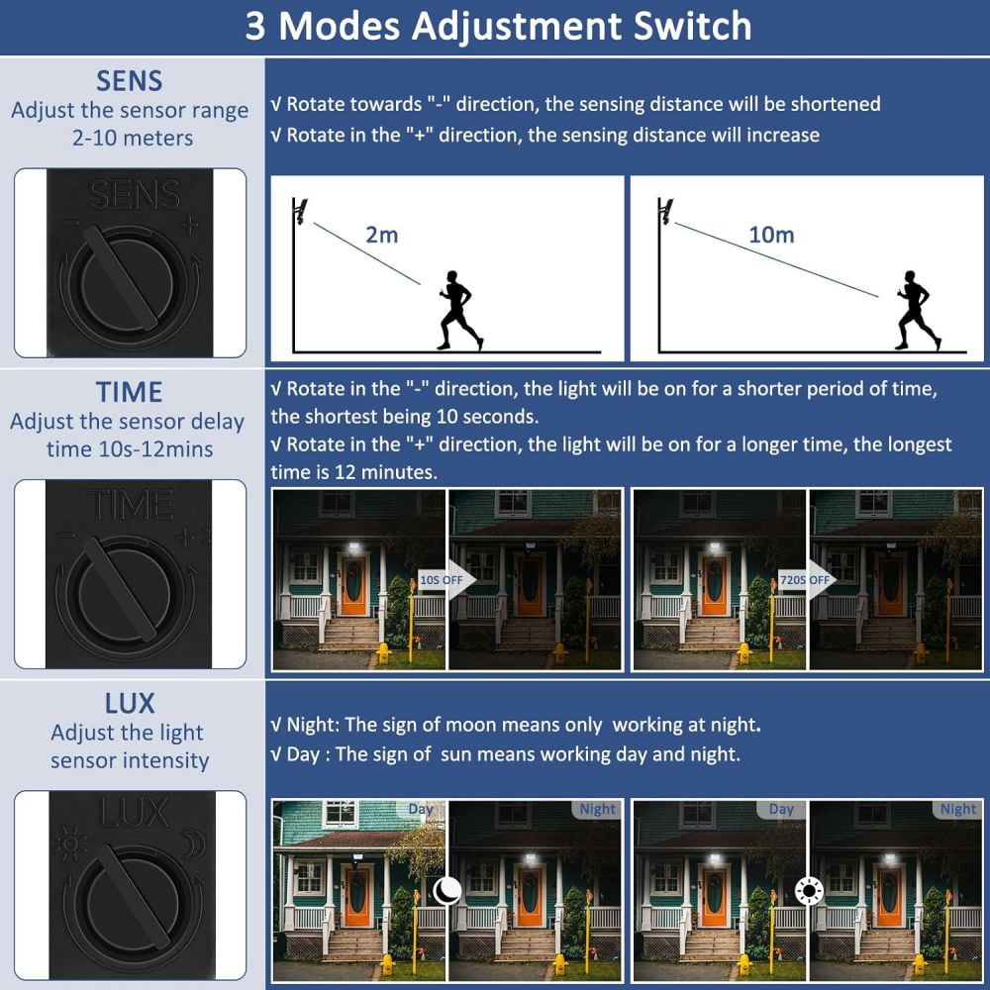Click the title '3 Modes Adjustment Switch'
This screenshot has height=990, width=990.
click(498, 26)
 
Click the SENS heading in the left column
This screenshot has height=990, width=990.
click(130, 81)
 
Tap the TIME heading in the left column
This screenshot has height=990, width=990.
click(130, 391)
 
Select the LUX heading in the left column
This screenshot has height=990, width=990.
click(130, 703)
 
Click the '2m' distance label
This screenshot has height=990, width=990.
click(382, 235)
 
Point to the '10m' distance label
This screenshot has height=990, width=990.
click(771, 235)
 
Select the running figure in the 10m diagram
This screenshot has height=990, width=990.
click(919, 310)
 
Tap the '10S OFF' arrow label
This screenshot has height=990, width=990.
click(442, 579)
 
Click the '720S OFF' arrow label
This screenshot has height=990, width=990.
click(805, 579)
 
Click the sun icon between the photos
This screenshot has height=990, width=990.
click(809, 891)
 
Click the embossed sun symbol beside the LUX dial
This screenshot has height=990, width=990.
click(70, 842)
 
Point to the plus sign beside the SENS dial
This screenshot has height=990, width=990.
click(190, 224)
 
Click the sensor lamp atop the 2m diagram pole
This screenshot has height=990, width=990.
click(301, 210)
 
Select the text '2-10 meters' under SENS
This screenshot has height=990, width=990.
click(133, 138)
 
